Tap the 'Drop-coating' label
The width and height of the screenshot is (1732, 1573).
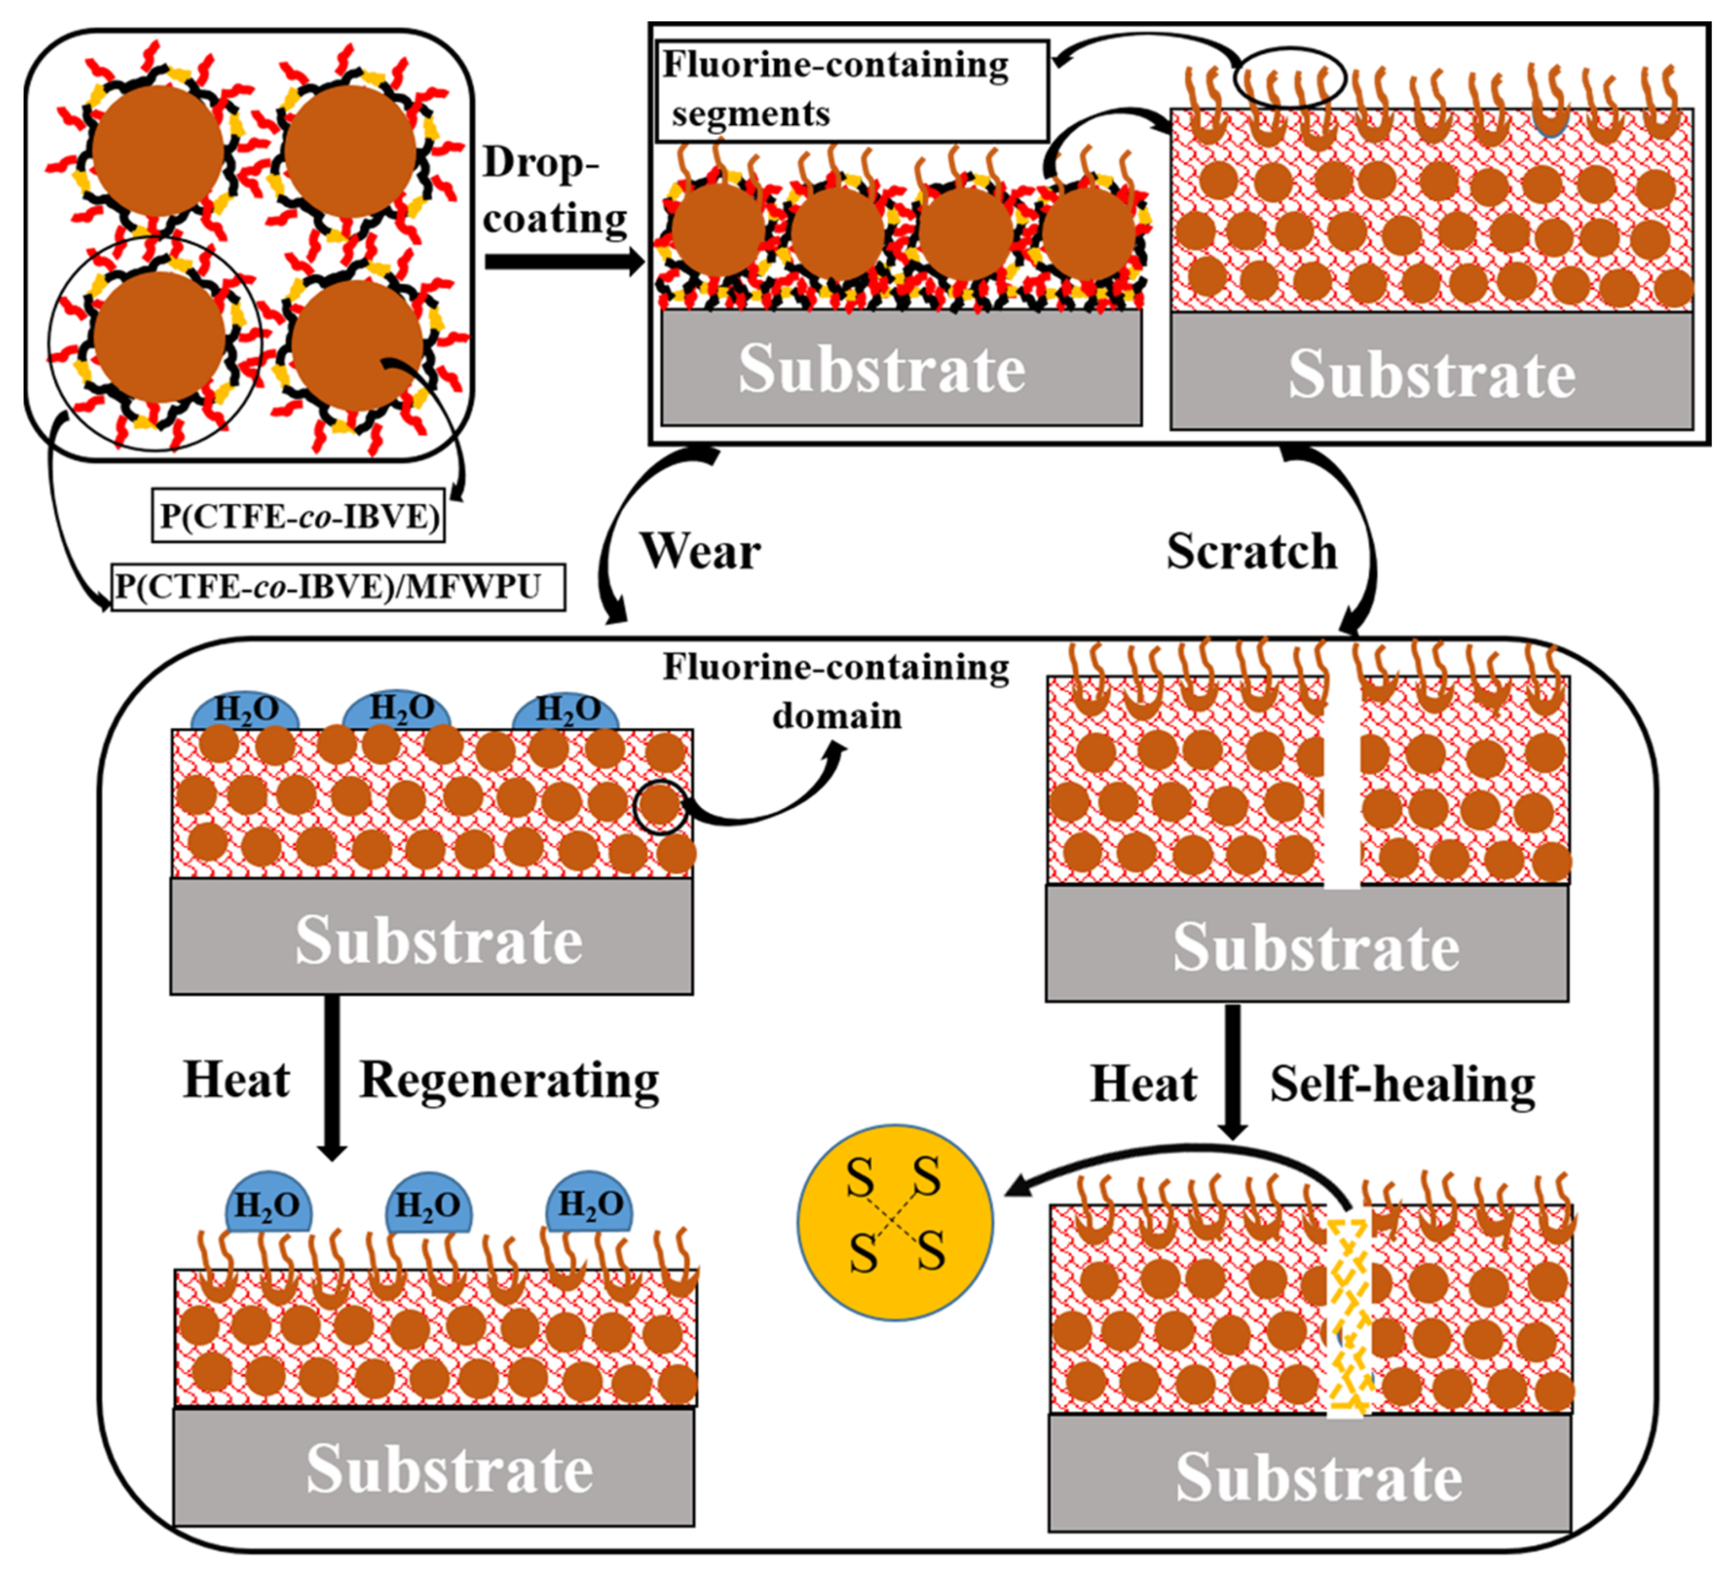tap(554, 190)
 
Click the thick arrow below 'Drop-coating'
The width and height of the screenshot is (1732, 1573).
tap(563, 261)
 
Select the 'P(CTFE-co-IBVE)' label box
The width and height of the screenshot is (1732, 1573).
tap(298, 516)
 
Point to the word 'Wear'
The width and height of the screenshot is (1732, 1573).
tap(700, 552)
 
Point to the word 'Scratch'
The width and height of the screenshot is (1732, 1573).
tap(1251, 552)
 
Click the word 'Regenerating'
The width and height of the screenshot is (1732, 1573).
tap(509, 1081)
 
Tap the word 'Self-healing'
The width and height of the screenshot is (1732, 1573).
tap(1402, 1084)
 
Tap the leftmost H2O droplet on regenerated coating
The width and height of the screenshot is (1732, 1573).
tap(268, 1203)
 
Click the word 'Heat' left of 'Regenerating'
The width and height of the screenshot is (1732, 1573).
tap(237, 1081)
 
